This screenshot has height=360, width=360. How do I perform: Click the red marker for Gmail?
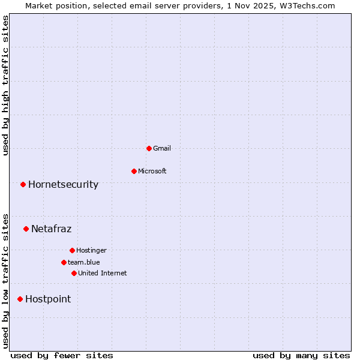point(149,148)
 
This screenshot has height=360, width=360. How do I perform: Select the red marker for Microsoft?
point(134,171)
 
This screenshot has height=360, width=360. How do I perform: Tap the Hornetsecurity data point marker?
point(23,184)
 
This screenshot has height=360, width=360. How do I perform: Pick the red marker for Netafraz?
point(26,229)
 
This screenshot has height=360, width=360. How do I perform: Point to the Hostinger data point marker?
point(72,250)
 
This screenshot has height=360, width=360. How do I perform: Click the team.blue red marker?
point(64,262)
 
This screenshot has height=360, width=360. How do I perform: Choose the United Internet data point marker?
point(74,273)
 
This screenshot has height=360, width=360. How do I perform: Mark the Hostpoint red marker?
point(20,299)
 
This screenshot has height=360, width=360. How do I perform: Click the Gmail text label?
point(162,148)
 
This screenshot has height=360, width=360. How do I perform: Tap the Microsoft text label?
point(152,171)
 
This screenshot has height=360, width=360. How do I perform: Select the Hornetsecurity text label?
point(63,184)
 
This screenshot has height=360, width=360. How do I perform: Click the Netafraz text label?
point(51,229)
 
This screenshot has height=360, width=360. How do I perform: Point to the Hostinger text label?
point(91,250)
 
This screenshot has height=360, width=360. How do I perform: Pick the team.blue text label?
point(84,262)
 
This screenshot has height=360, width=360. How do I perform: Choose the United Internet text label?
point(103,273)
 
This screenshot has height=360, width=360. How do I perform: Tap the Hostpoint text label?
point(48,299)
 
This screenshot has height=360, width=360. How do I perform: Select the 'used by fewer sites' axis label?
point(62,355)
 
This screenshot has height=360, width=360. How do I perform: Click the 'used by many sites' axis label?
point(301,355)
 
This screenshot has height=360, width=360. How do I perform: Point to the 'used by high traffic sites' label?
point(5,85)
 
